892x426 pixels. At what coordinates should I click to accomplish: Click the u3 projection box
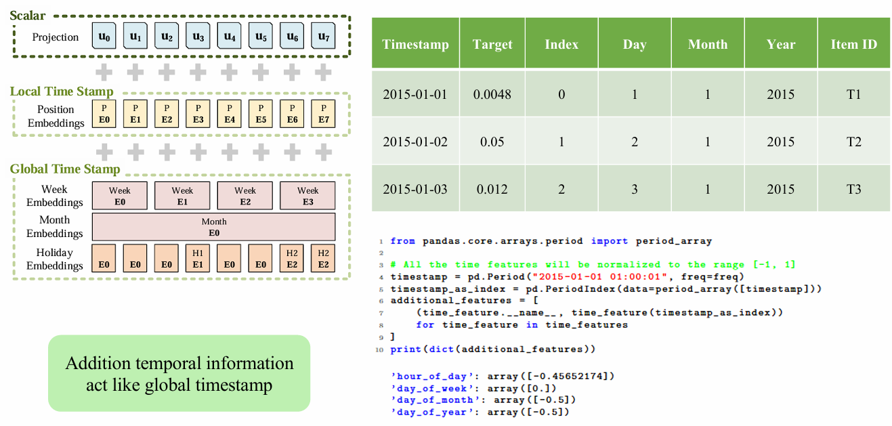point(198,36)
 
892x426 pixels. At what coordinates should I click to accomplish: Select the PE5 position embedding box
point(261,114)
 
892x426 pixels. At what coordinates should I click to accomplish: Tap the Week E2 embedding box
point(245,196)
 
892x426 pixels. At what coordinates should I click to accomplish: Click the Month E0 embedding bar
point(214,227)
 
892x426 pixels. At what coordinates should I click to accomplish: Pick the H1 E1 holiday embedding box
point(198,259)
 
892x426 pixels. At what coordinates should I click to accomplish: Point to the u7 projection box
point(323,36)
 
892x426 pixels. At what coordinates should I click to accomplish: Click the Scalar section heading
point(28,16)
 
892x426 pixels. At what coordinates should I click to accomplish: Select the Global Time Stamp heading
point(65,169)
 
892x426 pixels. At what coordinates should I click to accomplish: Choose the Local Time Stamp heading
point(62,91)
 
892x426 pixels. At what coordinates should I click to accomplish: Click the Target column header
point(492,44)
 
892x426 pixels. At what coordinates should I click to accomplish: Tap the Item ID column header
point(854,44)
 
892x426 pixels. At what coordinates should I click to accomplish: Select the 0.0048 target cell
point(492,94)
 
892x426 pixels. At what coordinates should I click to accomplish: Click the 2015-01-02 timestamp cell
point(415,142)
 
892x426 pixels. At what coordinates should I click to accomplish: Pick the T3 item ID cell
point(854,189)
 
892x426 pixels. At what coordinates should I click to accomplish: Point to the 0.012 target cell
point(492,189)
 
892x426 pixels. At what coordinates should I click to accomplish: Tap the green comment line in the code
point(593,265)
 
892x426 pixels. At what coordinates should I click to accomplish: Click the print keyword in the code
point(406,349)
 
